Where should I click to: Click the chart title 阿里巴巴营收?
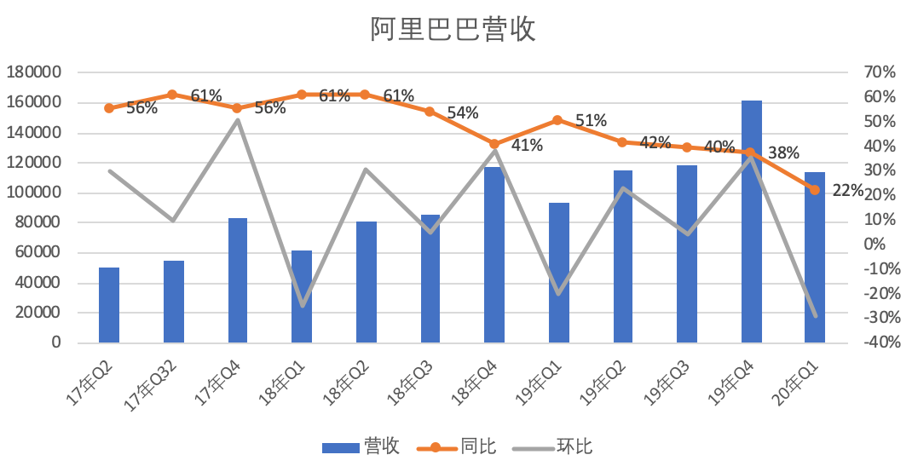point(453,31)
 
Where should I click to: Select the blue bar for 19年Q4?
point(751,222)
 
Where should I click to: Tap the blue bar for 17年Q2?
point(109,305)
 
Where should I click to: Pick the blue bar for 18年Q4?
point(494,255)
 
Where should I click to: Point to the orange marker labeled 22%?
point(815,190)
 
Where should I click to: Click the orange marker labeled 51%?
point(557,120)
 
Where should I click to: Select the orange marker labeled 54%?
point(430,112)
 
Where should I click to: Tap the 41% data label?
point(527,145)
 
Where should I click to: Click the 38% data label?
point(783,153)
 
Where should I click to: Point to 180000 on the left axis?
point(33,72)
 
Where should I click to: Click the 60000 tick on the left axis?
point(38,252)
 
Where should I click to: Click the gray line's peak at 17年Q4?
point(237,119)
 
